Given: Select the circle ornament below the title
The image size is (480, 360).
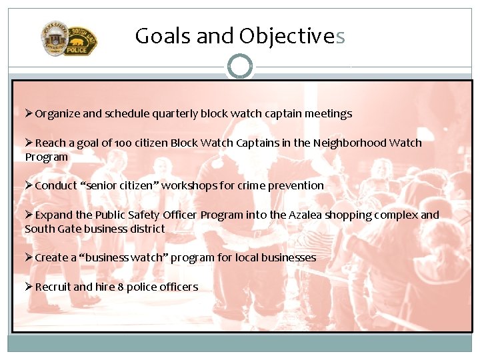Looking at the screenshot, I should coord(240,67).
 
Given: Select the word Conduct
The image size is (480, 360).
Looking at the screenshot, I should coord(55,186).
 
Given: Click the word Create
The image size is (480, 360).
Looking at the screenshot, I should coord(51,258).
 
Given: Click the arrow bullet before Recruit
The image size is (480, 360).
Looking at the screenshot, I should coord(29,287).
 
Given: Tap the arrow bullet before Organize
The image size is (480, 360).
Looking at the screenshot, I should coord(29,113).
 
